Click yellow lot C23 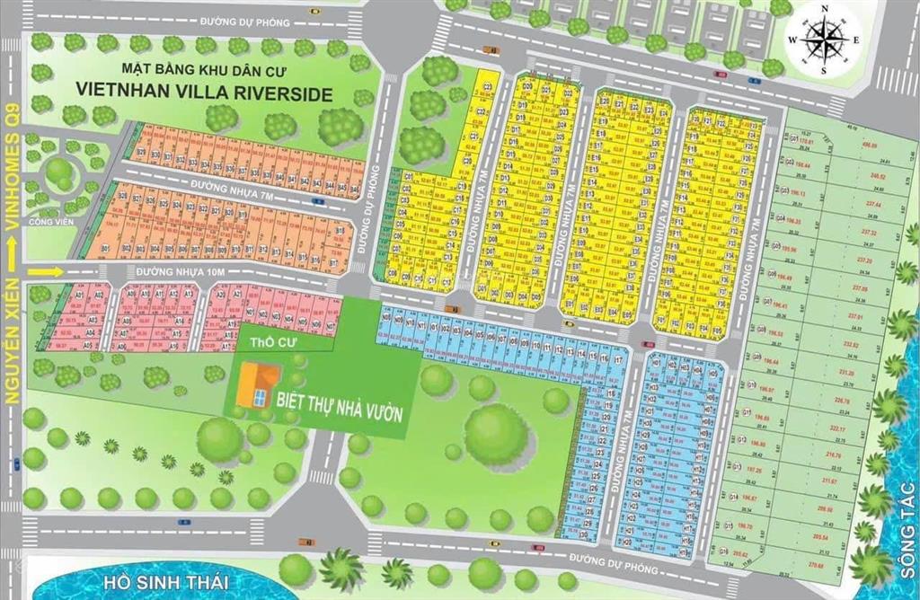pyautogui.click(x=486, y=87)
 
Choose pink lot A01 pyautogui.click(x=78, y=294)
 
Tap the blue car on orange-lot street pyautogui.click(x=316, y=201)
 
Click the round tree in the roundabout pyautogui.click(x=59, y=170)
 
